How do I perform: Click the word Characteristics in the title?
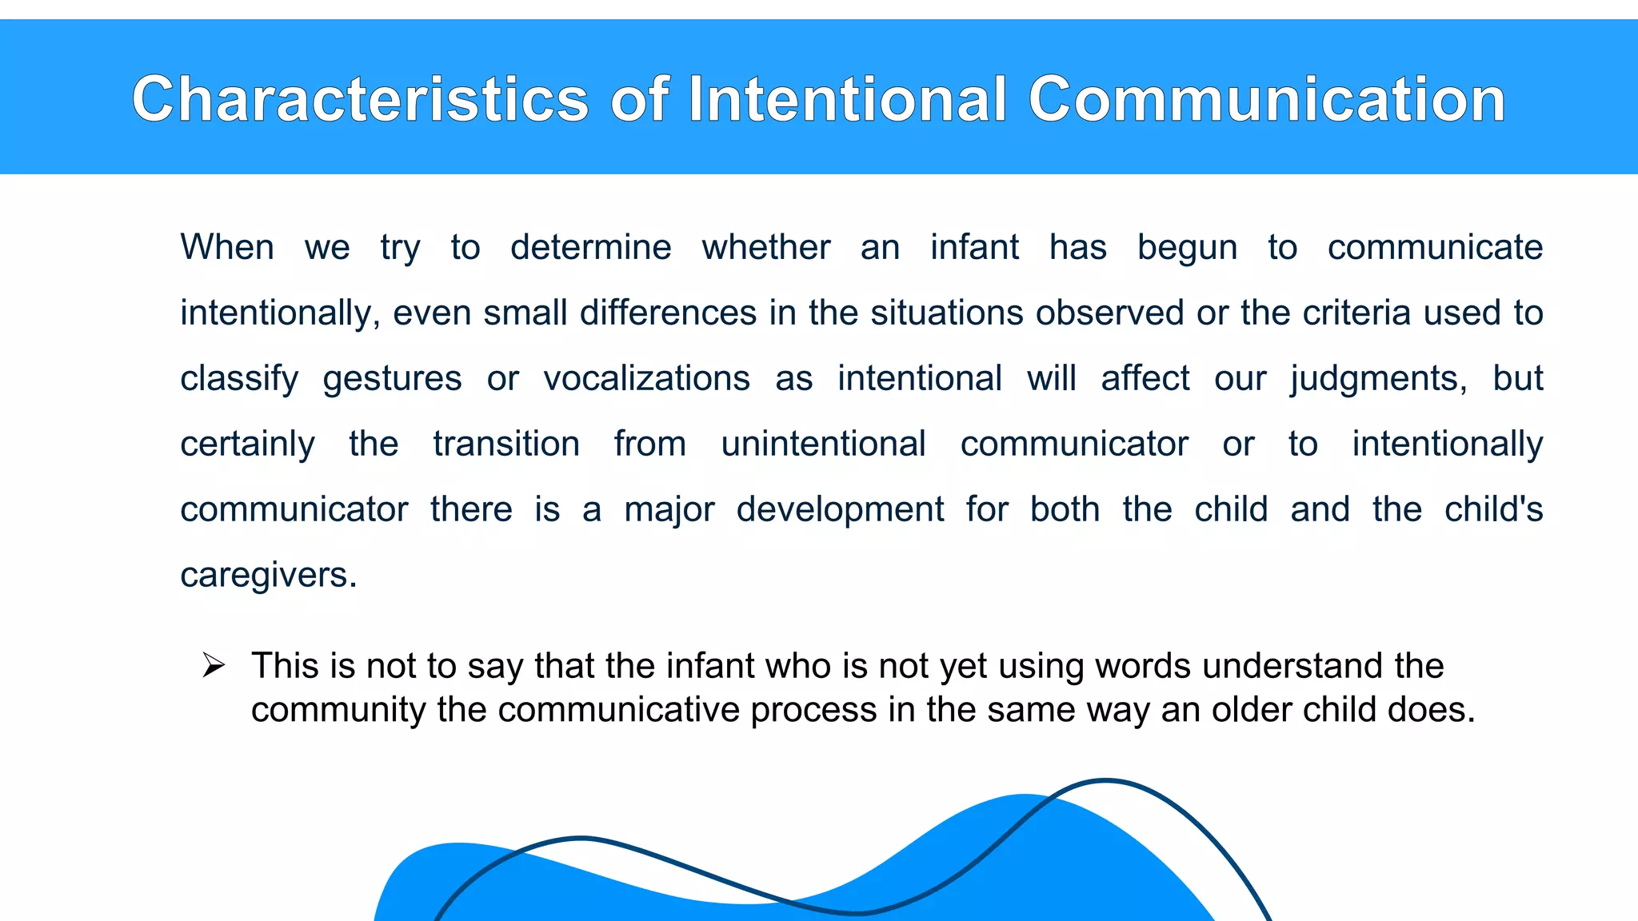(x=360, y=99)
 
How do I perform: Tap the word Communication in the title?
(x=1266, y=99)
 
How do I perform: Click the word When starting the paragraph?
(x=227, y=247)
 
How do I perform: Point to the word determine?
(x=590, y=247)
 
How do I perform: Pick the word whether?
(x=766, y=247)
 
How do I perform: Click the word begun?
(x=1187, y=247)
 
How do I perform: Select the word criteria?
(x=1356, y=313)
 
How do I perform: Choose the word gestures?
(x=392, y=379)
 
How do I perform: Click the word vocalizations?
(x=646, y=378)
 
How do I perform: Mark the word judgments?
(x=1378, y=379)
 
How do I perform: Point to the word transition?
(x=506, y=444)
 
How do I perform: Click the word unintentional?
(x=823, y=444)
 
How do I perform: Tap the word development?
(x=840, y=510)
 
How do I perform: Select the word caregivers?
(x=268, y=576)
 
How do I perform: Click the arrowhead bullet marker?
(x=214, y=665)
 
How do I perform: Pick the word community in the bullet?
(x=338, y=710)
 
